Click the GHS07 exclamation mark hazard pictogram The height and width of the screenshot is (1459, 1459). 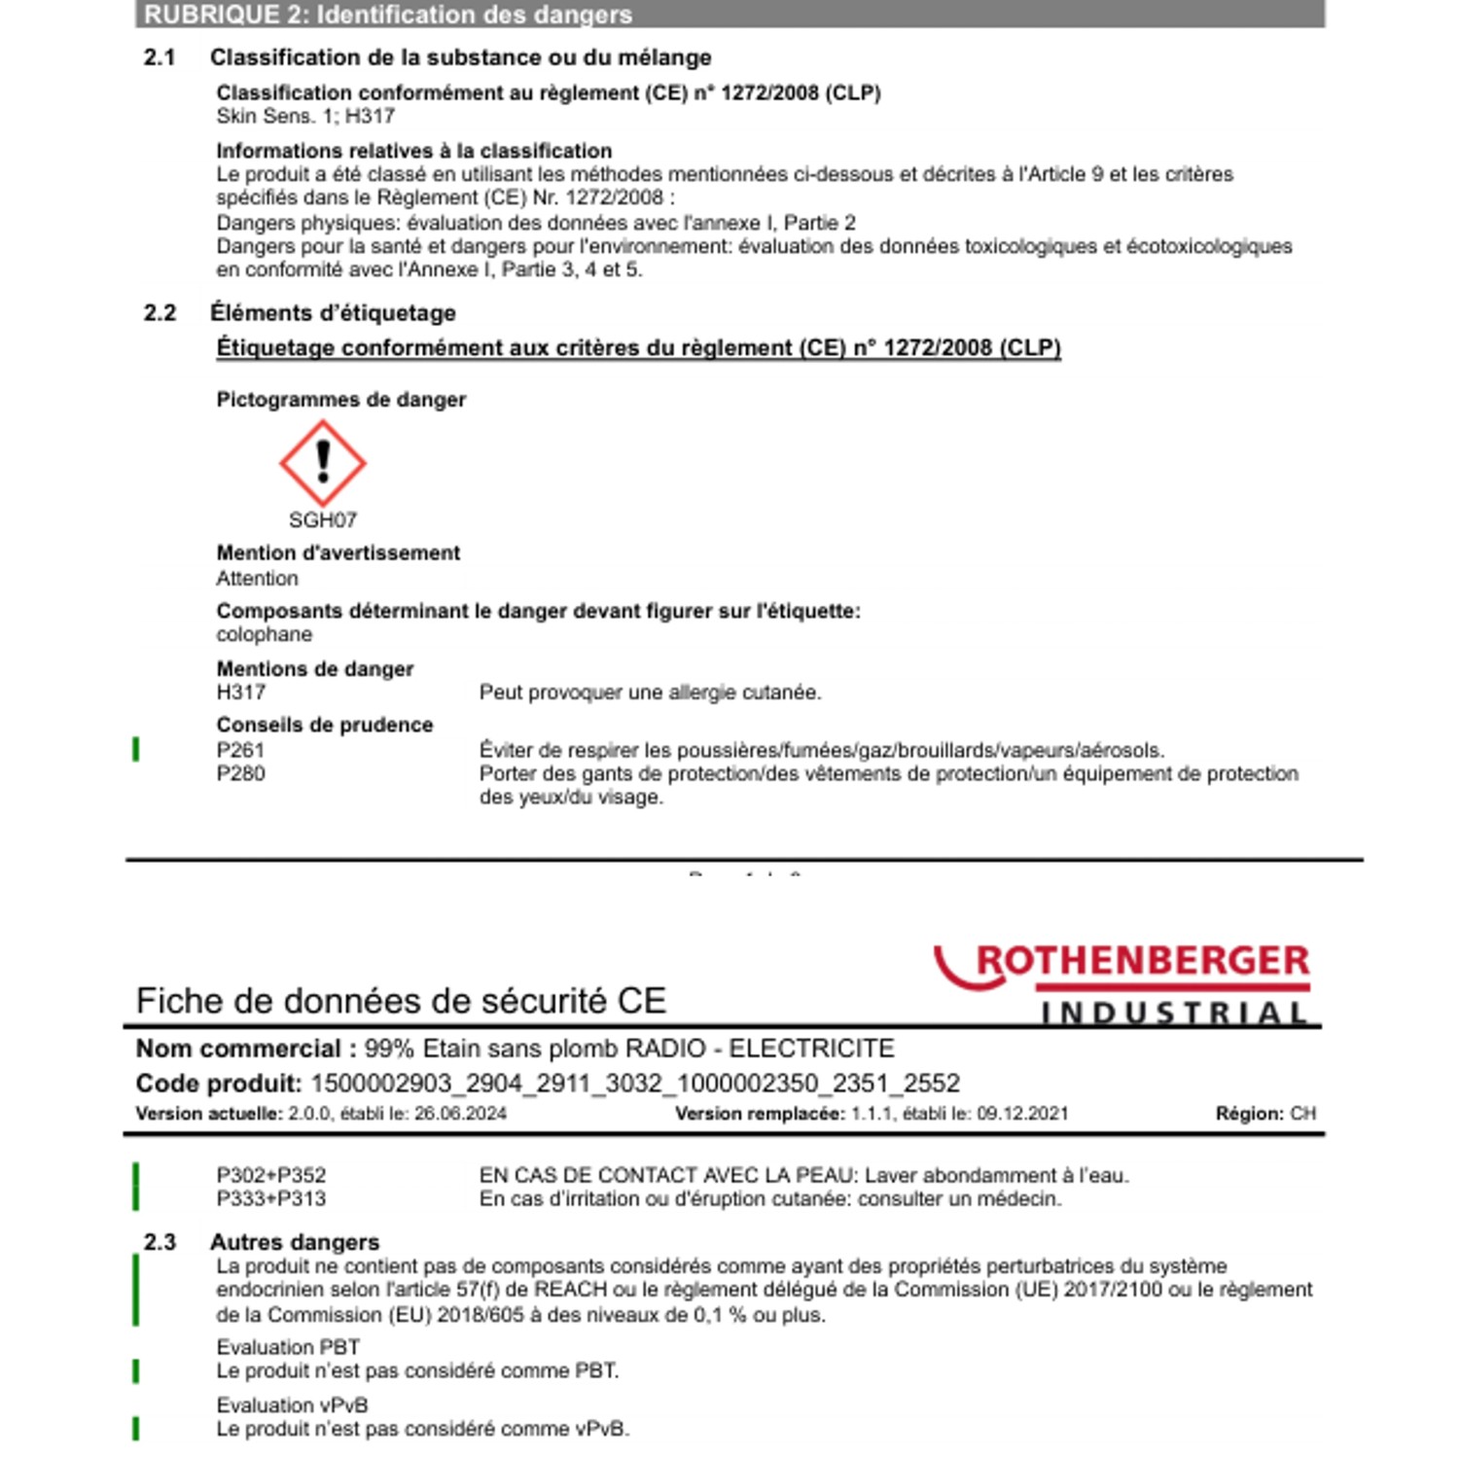323,463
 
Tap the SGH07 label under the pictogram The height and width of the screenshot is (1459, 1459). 323,520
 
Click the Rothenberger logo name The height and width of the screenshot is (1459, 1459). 1142,961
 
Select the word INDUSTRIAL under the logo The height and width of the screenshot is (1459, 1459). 1174,1014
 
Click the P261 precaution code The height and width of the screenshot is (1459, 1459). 240,750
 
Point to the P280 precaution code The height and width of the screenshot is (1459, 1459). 240,773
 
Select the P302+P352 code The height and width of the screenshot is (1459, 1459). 271,1175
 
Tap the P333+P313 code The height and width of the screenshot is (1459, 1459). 271,1198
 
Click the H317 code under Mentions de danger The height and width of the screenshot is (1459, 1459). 240,693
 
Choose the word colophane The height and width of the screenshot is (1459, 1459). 265,634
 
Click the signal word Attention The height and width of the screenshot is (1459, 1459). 257,579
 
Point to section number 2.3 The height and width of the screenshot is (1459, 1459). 160,1242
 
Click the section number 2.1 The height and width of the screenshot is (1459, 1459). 160,57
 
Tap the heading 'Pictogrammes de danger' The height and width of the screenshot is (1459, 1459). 340,400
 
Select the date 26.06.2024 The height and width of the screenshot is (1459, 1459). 460,1114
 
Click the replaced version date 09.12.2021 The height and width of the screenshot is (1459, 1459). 1022,1114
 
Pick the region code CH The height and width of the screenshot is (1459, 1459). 1302,1114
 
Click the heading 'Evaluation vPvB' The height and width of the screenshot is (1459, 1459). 292,1406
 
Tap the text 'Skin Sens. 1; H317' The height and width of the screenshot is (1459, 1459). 305,116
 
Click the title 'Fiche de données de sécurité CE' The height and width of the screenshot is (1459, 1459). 401,1001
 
